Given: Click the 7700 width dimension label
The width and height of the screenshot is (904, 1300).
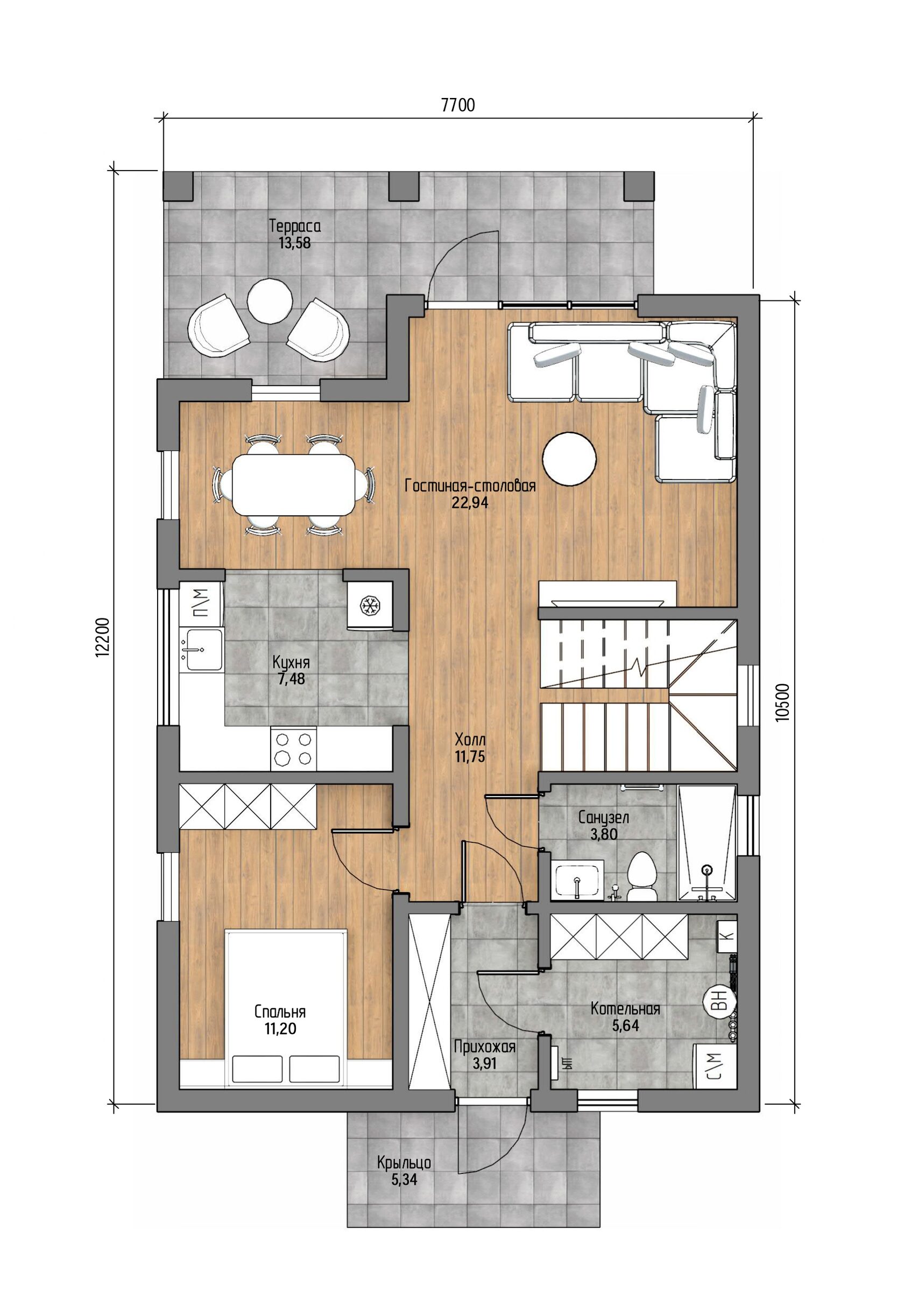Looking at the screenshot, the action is pos(457,106).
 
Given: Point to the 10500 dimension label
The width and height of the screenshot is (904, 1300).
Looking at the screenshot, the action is pos(782,702).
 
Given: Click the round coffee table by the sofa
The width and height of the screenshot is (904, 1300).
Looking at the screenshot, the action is pos(569,459).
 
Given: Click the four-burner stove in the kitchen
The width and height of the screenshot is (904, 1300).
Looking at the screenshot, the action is pos(293,749).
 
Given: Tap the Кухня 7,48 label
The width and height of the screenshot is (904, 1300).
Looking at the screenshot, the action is pos(291,670).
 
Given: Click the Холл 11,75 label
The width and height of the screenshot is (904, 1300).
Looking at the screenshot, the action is pos(470,748).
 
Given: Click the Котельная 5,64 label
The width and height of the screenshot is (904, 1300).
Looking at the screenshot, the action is pos(625,1017).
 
